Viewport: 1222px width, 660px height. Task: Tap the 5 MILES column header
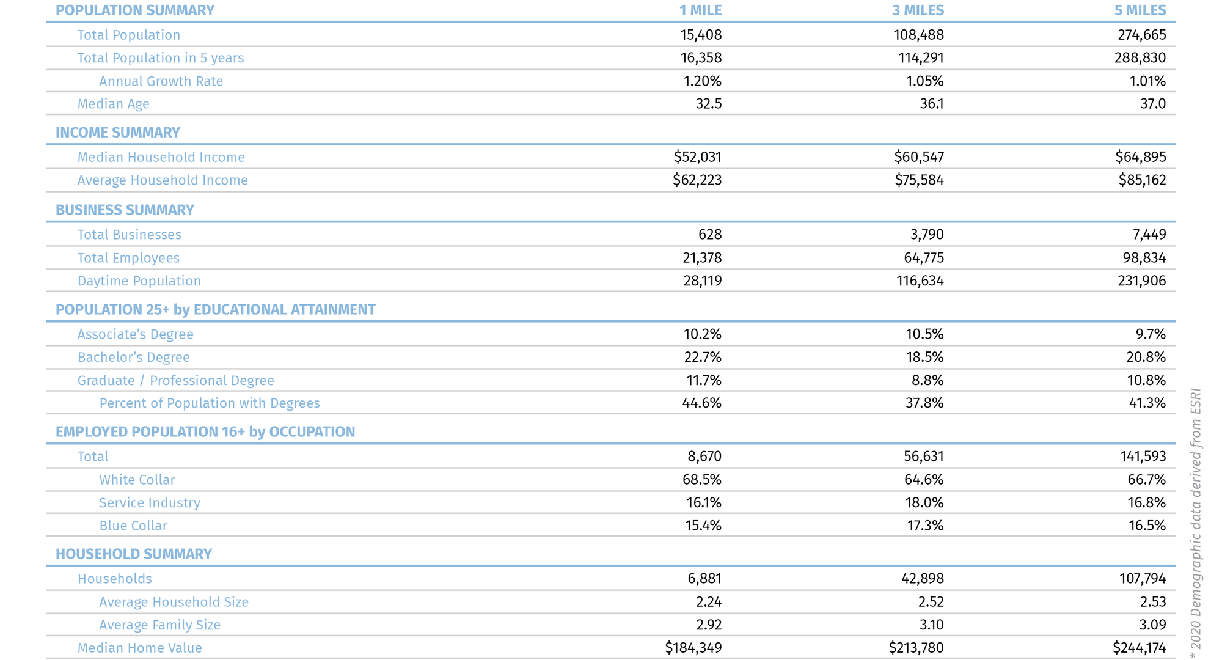(1140, 10)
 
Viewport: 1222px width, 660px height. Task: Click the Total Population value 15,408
(701, 35)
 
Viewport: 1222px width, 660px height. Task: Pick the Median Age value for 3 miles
(931, 104)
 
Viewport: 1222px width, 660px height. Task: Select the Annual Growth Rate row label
(161, 81)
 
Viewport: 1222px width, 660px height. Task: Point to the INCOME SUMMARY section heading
(117, 133)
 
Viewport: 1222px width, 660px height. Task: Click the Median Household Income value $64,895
(1140, 157)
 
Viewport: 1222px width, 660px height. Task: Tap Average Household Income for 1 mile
(697, 180)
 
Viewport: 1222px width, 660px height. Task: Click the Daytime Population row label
(139, 281)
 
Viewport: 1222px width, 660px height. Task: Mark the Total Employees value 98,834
(1144, 258)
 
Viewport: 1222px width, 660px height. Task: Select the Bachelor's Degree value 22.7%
(702, 357)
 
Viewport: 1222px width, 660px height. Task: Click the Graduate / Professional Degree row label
(175, 381)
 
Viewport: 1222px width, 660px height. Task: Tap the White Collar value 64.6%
(924, 480)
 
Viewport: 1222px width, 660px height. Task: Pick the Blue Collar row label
(133, 526)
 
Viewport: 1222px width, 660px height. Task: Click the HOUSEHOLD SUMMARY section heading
(133, 554)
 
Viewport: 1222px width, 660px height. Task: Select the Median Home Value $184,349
(693, 648)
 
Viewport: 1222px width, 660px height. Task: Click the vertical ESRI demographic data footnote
(1196, 523)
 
